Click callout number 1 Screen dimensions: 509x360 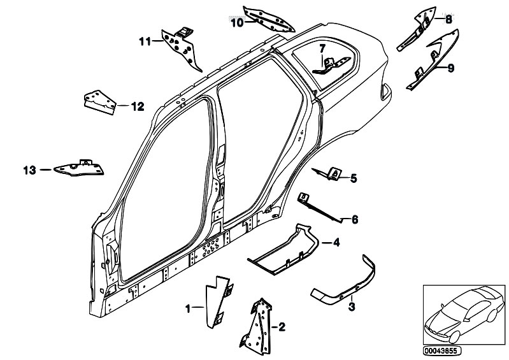click(x=188, y=308)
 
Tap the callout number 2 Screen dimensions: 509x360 click(x=282, y=327)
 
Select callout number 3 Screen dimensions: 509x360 click(x=352, y=306)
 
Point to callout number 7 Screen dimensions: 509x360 click(x=322, y=49)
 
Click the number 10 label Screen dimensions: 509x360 click(x=237, y=23)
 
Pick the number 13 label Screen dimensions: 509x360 click(x=30, y=170)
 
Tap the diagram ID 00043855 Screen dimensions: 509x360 click(x=441, y=351)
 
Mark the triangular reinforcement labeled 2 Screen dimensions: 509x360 click(x=257, y=324)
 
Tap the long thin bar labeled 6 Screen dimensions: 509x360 click(x=320, y=208)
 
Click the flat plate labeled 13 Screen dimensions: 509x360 click(x=80, y=168)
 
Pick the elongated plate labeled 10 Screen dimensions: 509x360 click(x=268, y=20)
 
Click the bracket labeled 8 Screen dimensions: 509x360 click(x=419, y=29)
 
